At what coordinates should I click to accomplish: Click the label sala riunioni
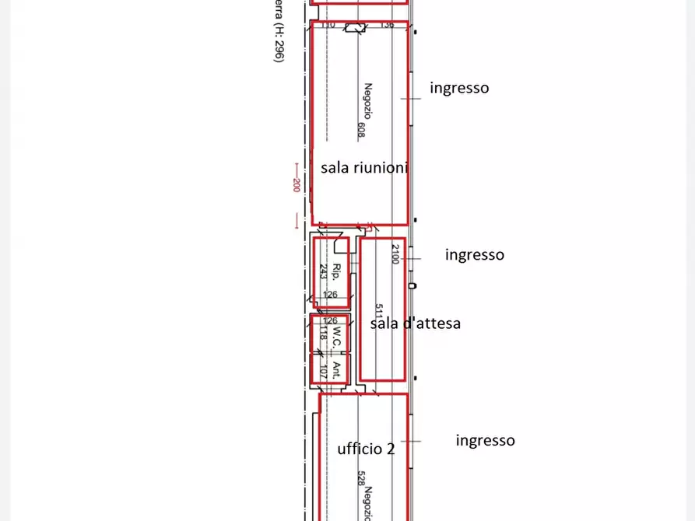pos(364,167)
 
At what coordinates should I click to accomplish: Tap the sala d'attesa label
pos(415,323)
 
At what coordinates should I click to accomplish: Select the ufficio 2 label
pos(366,449)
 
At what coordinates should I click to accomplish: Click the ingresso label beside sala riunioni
pos(459,88)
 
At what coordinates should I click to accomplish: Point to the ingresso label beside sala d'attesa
pos(474,254)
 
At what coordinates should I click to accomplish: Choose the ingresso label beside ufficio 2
pos(485,440)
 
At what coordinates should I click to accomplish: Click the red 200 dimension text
pos(296,185)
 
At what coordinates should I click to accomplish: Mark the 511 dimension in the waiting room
pos(378,312)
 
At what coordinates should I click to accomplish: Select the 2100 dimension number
pos(395,254)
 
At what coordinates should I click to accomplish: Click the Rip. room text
pos(336,271)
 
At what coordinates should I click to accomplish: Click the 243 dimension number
pos(323,271)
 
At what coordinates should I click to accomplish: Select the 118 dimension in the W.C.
pos(321,334)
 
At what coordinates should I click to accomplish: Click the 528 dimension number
pos(361,477)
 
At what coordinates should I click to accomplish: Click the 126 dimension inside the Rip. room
pos(330,295)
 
